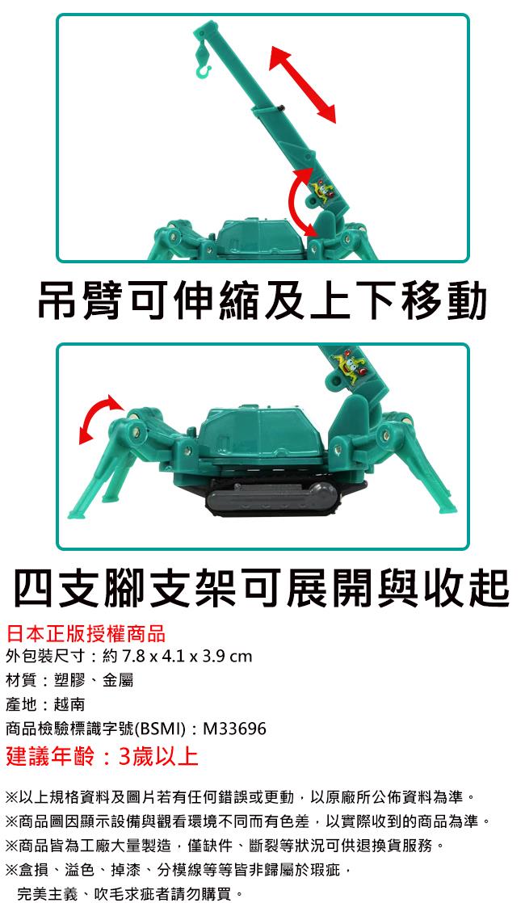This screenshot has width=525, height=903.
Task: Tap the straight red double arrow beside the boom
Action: [303, 85]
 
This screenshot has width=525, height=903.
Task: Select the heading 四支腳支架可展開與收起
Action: [262, 587]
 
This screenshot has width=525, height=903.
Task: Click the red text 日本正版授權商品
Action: [86, 633]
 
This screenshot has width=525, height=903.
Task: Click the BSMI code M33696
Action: [235, 729]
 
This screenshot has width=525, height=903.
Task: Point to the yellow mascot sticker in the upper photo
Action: [319, 190]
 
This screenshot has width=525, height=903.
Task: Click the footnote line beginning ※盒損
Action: [178, 870]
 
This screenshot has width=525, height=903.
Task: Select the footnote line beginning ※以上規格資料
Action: [241, 798]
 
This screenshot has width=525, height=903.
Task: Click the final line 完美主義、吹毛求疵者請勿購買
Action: [131, 894]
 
